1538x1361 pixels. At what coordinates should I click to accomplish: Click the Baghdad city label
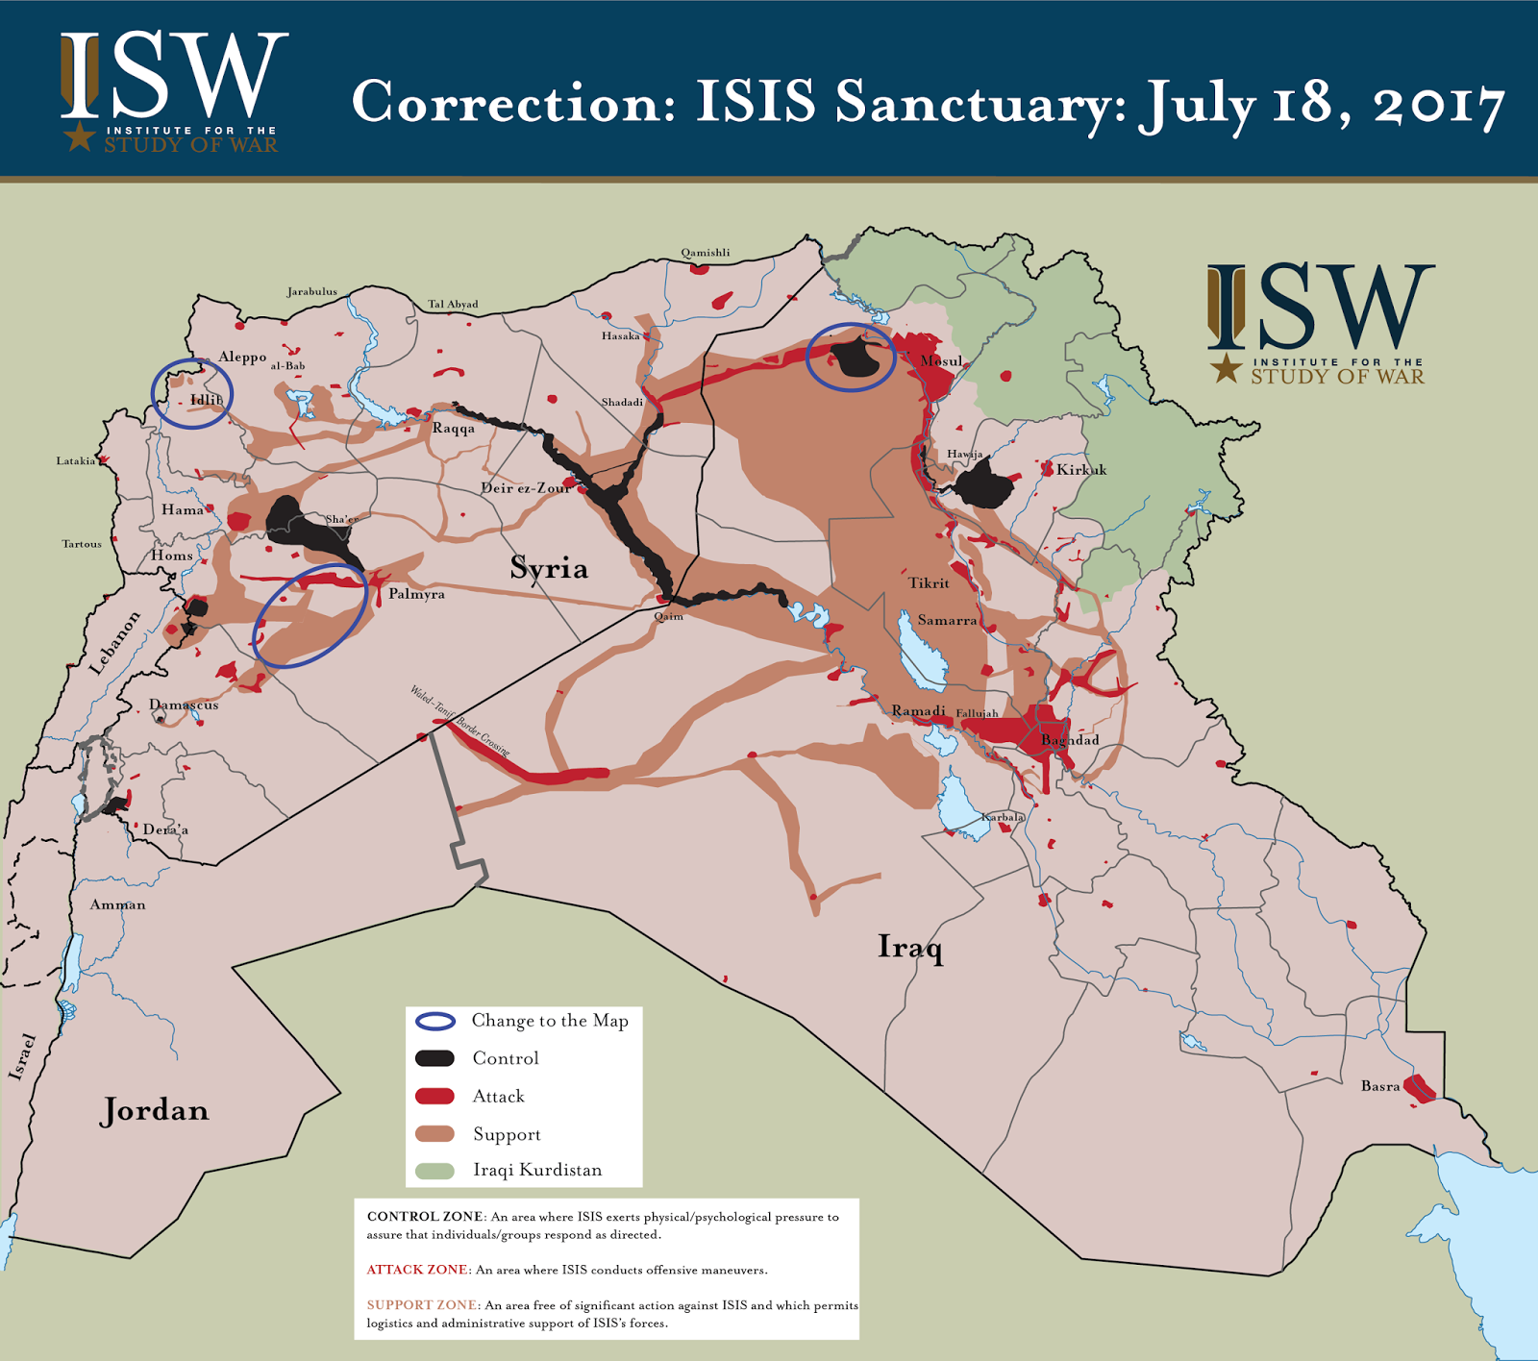tap(1070, 740)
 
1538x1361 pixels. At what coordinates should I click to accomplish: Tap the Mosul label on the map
tap(941, 361)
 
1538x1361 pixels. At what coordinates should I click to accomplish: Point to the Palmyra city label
tap(416, 594)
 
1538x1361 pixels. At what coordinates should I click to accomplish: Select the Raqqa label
tap(453, 428)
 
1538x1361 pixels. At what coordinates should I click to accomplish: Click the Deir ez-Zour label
tap(526, 488)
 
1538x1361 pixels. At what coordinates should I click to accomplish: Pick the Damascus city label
tap(184, 705)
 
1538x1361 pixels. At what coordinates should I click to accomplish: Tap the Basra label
tap(1380, 1086)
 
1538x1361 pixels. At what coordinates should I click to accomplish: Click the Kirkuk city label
tap(1081, 470)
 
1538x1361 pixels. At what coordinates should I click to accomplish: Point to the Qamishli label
tap(706, 253)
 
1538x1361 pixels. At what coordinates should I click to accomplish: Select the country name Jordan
tap(155, 1110)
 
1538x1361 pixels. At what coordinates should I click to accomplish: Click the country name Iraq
tap(910, 948)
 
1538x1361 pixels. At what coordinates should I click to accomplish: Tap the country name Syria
tap(549, 568)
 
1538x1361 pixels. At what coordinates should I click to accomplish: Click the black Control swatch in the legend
tap(434, 1058)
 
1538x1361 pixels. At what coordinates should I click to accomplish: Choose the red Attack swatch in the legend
tap(434, 1096)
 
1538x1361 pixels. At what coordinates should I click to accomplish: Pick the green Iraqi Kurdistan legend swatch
tap(434, 1171)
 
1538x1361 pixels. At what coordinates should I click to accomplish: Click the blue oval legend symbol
tap(434, 1021)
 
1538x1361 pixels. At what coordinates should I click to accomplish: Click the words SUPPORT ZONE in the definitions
tap(422, 1305)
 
